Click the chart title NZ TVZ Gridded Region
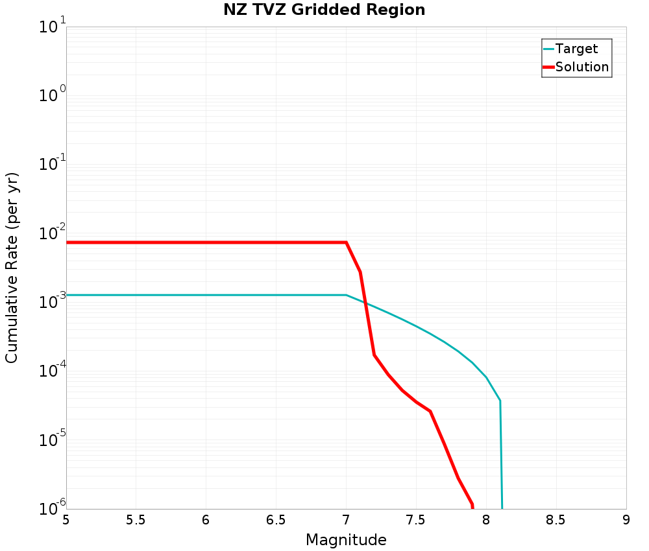point(324,10)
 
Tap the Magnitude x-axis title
point(346,540)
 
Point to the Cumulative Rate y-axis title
point(12,268)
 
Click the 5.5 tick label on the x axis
point(136,521)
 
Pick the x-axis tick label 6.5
point(276,521)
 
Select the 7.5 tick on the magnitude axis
point(416,521)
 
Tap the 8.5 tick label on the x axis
point(556,521)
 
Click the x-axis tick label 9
point(626,521)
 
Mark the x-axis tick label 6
point(206,521)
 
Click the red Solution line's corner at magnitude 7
point(346,242)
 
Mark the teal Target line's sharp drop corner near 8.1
point(500,401)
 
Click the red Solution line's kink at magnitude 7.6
point(430,411)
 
